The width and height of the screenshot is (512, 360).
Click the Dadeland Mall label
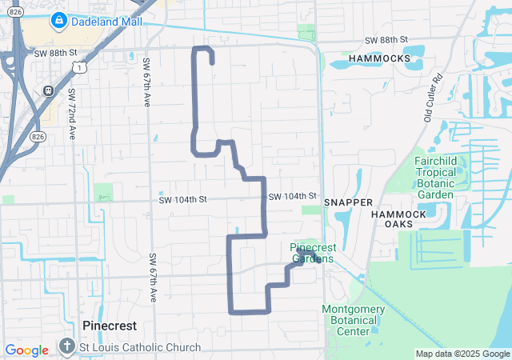click(x=106, y=22)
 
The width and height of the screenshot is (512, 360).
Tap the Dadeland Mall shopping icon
click(x=58, y=21)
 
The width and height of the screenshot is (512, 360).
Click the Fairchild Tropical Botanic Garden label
click(x=446, y=178)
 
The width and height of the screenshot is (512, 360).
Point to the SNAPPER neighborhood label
click(x=348, y=203)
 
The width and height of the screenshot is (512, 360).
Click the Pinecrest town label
click(x=110, y=326)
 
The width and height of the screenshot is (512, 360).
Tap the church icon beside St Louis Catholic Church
click(x=66, y=347)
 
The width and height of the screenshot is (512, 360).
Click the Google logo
click(x=26, y=350)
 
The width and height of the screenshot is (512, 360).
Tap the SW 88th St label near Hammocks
click(x=386, y=39)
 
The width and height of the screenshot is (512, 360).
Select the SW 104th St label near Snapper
click(x=293, y=196)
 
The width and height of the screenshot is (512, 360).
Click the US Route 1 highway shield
click(x=80, y=69)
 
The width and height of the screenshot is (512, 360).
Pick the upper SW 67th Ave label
click(x=146, y=82)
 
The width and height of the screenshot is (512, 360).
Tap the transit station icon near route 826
click(x=48, y=90)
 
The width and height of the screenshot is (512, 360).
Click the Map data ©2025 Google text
click(x=462, y=354)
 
